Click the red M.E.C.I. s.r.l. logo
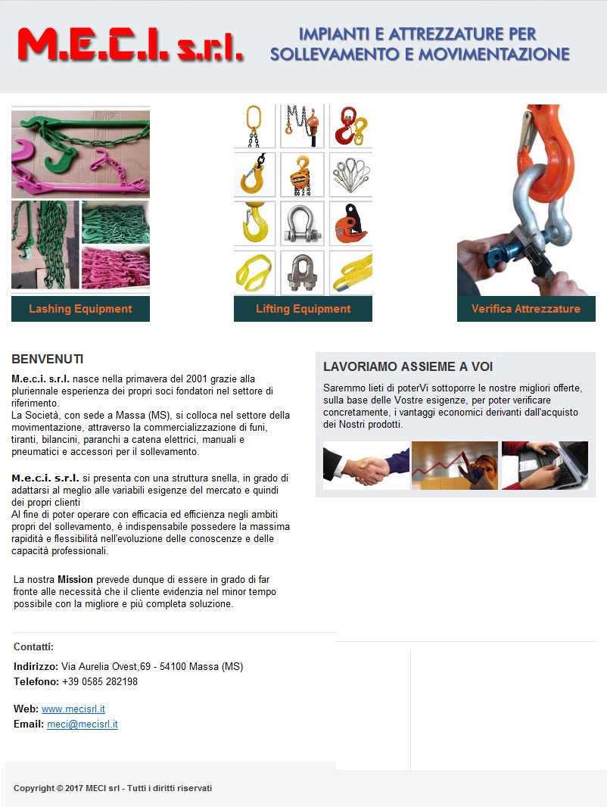pyautogui.click(x=131, y=45)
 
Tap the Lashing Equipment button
pyautogui.click(x=80, y=309)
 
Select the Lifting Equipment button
pyautogui.click(x=303, y=309)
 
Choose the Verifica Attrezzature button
pyautogui.click(x=526, y=309)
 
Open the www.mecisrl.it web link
pyautogui.click(x=73, y=709)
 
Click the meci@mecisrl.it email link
pyautogui.click(x=82, y=724)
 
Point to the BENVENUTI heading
pyautogui.click(x=48, y=360)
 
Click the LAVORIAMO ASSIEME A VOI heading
pyautogui.click(x=408, y=366)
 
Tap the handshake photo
pyautogui.click(x=366, y=466)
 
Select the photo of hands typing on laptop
pyautogui.click(x=545, y=466)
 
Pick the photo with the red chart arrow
pyautogui.click(x=455, y=466)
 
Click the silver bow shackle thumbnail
pyautogui.click(x=302, y=223)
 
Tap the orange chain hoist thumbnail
pyautogui.click(x=302, y=175)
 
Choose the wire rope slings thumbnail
pyautogui.click(x=350, y=175)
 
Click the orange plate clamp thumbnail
pyautogui.click(x=350, y=223)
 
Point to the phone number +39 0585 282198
pyautogui.click(x=100, y=681)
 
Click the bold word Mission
pyautogui.click(x=75, y=580)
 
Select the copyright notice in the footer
pyautogui.click(x=113, y=788)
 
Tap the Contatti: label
pyautogui.click(x=33, y=647)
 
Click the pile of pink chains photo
pyautogui.click(x=116, y=268)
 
